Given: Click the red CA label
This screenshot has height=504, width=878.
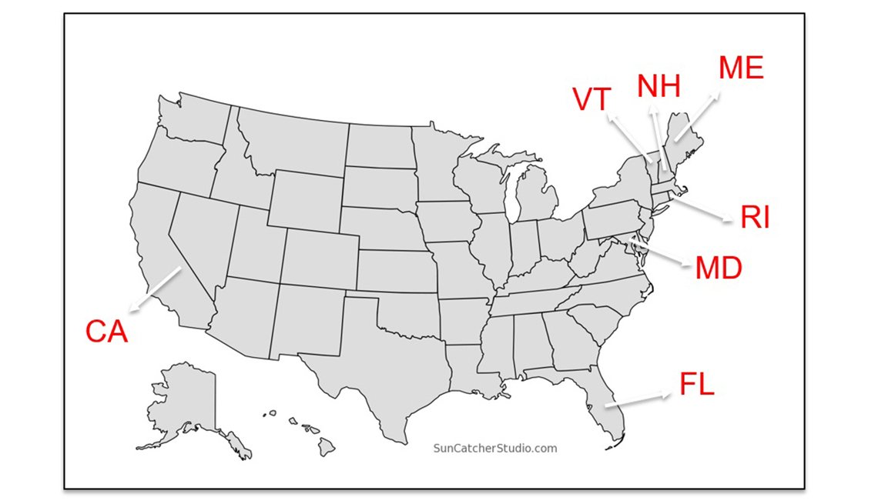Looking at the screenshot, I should click(106, 331).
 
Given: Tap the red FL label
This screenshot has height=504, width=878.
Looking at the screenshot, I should click(697, 384).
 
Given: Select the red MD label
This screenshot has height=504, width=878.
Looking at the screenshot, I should click(719, 269).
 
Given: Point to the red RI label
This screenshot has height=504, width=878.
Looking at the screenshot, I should click(755, 218).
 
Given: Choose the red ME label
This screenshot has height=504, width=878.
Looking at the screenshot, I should click(741, 68).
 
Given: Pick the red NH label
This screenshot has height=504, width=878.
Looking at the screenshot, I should click(658, 87).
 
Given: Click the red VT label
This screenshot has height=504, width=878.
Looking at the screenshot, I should click(591, 99).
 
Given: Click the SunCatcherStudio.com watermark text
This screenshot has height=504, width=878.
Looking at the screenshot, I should click(494, 448).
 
